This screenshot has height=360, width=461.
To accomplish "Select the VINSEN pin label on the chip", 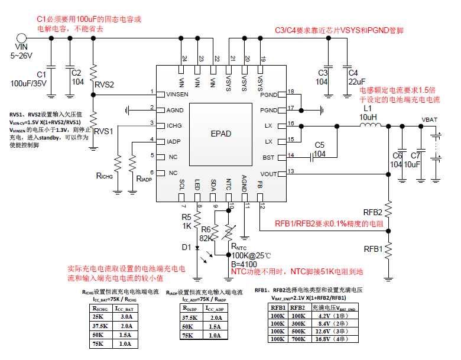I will tap(177, 94).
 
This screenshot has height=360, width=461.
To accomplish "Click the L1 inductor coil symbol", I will tap(369, 125).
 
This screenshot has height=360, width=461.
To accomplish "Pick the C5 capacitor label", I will tap(319, 144).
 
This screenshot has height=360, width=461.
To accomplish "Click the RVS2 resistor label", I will tap(104, 85).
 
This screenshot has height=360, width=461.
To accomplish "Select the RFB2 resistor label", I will tap(373, 212).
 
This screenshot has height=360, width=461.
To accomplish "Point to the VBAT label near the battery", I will tap(430, 119).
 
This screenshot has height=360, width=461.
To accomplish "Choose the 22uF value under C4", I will tap(357, 82).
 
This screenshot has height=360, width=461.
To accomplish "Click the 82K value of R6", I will tap(206, 237).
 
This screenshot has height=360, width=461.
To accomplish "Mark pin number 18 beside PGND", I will tap(291, 92).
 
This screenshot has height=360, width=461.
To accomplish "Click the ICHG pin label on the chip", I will tap(174, 125).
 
